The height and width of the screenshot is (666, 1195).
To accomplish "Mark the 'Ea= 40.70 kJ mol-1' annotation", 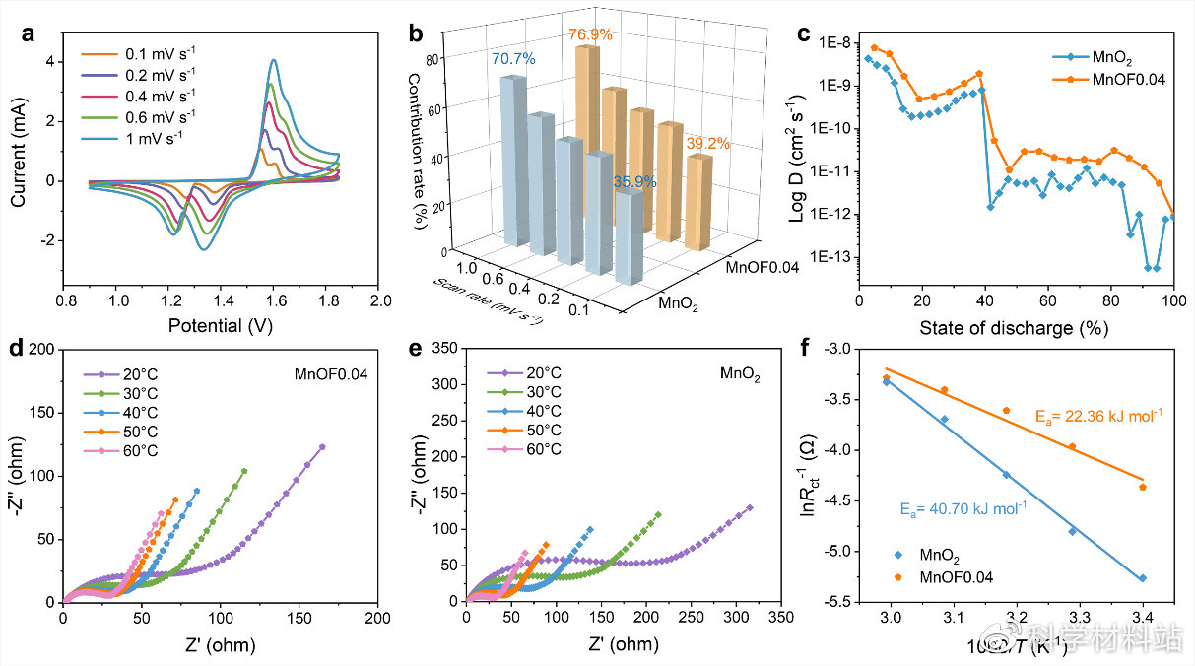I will (x=963, y=509).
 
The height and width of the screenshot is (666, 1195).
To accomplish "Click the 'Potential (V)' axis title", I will (x=221, y=326).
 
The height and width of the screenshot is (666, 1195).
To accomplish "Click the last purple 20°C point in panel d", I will (x=322, y=447).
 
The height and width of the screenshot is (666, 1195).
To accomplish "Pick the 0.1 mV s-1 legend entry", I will (x=150, y=52).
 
